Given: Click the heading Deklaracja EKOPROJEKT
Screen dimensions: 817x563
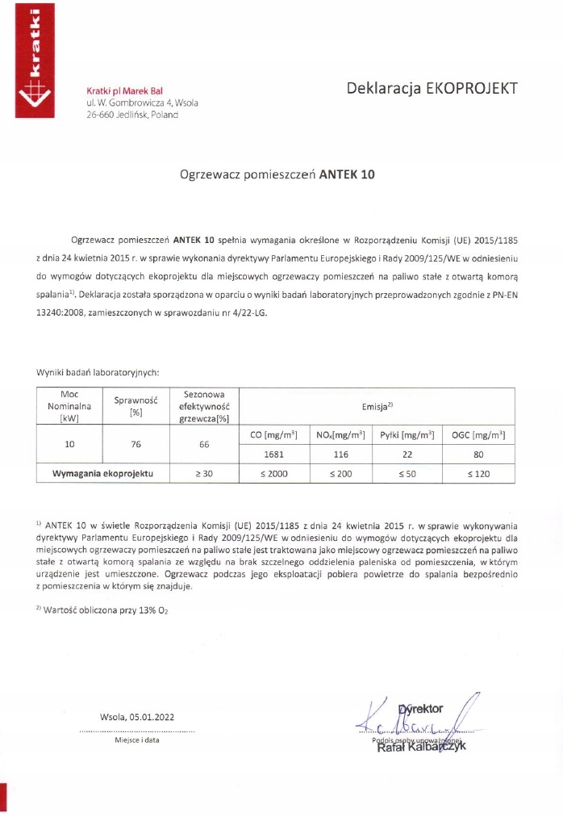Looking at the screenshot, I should (432, 88).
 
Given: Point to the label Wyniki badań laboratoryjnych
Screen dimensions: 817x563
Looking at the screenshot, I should (98, 372).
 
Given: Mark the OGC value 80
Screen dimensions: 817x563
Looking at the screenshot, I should (478, 455).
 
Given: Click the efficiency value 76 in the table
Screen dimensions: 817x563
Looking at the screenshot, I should (136, 443).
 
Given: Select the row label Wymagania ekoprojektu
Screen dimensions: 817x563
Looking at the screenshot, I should (102, 473).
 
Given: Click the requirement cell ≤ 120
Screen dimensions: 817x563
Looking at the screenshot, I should (478, 474).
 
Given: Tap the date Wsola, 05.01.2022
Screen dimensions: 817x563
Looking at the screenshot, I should (136, 717).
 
